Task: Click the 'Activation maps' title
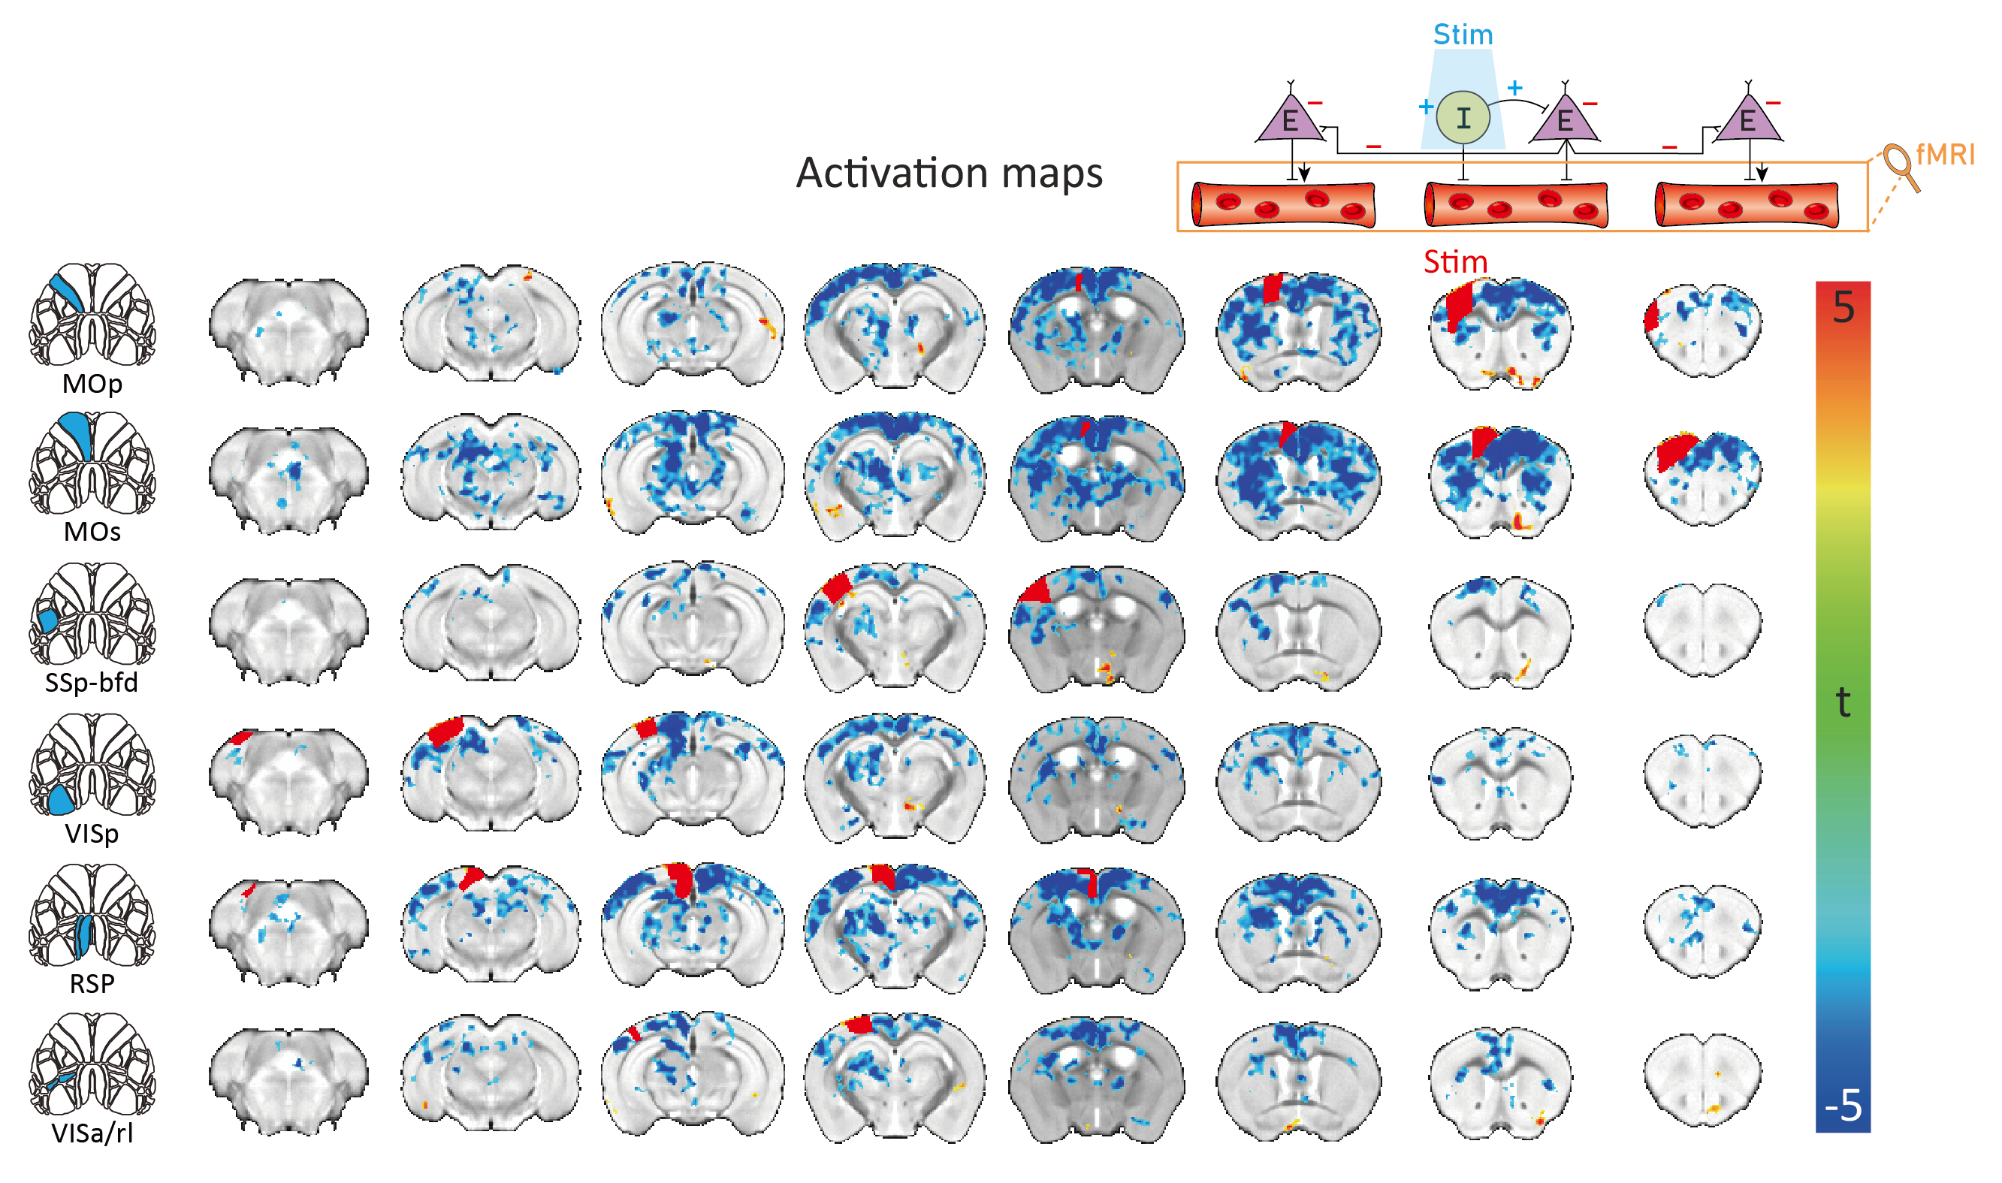[x=949, y=173]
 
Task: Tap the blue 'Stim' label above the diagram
[x=1462, y=35]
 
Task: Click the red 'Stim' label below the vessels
[x=1455, y=261]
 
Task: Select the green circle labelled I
[x=1462, y=118]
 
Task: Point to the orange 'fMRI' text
[x=1945, y=154]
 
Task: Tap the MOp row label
[x=92, y=383]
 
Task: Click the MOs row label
[x=92, y=532]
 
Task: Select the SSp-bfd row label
[x=92, y=682]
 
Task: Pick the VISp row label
[x=92, y=833]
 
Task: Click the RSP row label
[x=92, y=984]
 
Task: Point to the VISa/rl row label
[x=92, y=1133]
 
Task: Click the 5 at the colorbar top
[x=1843, y=308]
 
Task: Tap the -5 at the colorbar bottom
[x=1843, y=1106]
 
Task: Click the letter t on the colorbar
[x=1843, y=702]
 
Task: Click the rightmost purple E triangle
[x=1747, y=121]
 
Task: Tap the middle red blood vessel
[x=1515, y=205]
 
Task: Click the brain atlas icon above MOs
[x=92, y=463]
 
